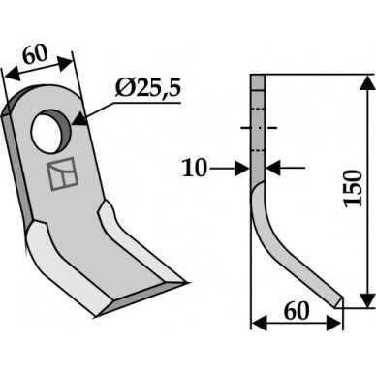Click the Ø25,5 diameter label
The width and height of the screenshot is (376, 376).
(148, 88)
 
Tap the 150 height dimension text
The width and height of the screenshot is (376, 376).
(353, 188)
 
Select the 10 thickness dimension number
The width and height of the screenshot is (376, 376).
(194, 168)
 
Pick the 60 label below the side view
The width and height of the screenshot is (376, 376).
(297, 311)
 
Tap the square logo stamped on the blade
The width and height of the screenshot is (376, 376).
(62, 174)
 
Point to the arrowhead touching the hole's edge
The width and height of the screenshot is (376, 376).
(79, 119)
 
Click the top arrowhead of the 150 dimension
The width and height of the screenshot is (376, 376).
(368, 83)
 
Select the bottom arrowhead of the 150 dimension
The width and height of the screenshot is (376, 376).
(367, 300)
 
